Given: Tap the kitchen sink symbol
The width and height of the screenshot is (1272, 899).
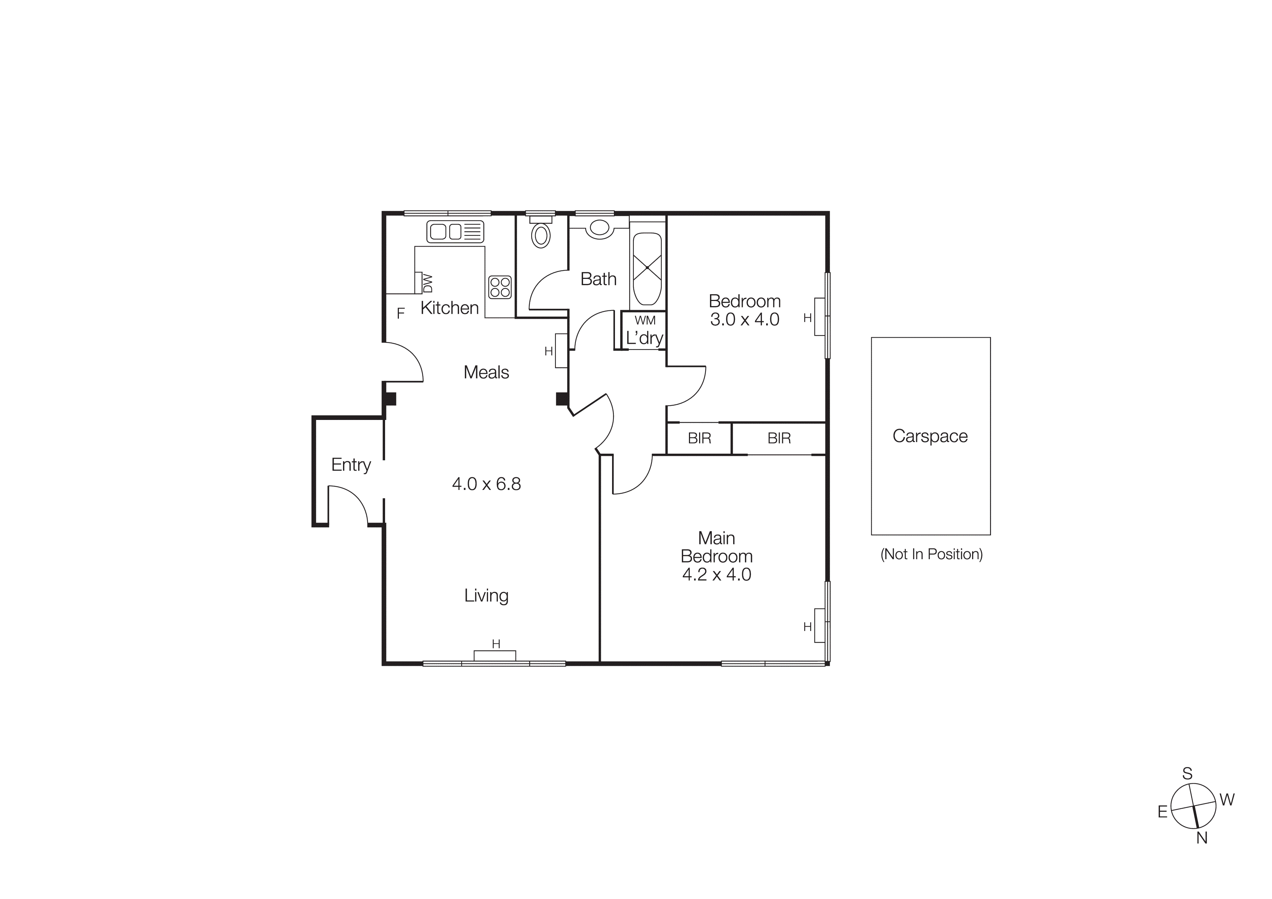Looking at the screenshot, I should coord(455,231).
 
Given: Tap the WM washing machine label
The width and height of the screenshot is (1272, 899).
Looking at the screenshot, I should coord(645,320).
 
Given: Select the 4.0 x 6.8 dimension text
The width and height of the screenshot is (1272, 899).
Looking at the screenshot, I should coord(486,484).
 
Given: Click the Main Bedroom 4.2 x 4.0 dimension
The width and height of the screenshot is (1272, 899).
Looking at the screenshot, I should coord(716,574).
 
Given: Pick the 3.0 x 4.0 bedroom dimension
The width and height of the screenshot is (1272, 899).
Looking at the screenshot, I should coord(744,319).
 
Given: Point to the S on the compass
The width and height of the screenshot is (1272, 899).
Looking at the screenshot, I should coord(1187,774).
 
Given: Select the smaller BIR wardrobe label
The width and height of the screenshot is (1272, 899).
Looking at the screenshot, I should coord(699,438).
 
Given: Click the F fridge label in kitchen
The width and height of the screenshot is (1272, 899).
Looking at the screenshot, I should coord(401,314).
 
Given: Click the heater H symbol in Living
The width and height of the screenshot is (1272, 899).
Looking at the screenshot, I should coord(496,644).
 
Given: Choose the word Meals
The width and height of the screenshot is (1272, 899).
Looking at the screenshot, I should coord(486,372).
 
